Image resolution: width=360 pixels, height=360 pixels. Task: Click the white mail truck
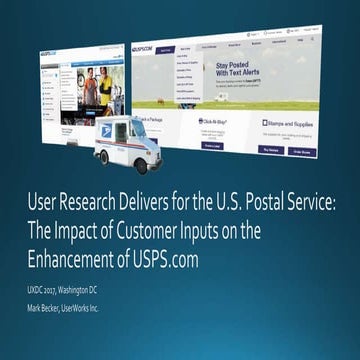click(x=125, y=145)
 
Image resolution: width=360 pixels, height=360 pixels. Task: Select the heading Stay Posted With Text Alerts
click(x=235, y=75)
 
